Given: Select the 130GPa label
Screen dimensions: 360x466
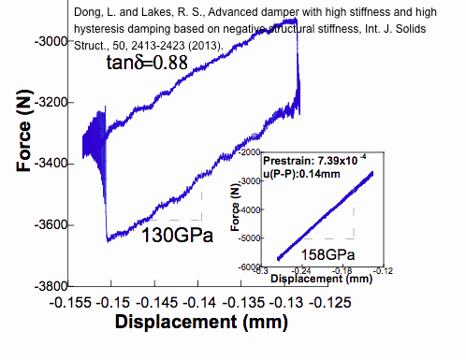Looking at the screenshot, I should [x=177, y=236].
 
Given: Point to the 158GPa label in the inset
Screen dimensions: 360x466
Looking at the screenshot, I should [x=328, y=254].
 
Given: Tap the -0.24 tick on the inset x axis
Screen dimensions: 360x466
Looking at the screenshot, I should [x=314, y=272].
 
